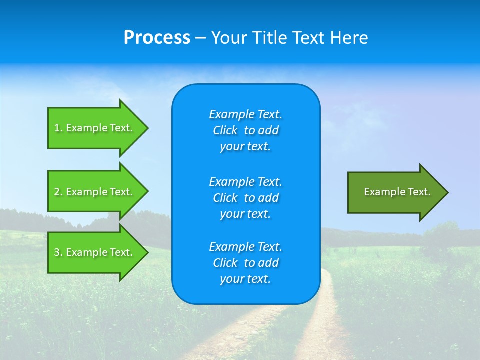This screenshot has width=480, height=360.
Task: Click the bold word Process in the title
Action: tap(157, 38)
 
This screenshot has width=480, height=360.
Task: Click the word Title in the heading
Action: tap(270, 38)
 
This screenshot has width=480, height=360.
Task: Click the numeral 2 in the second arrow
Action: tap(57, 192)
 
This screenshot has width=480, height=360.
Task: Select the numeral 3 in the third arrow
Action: tap(57, 252)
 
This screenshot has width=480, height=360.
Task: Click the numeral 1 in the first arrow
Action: tap(57, 128)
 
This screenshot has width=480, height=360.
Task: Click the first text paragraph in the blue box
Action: tap(245, 130)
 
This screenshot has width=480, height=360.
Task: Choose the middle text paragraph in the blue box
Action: tap(245, 198)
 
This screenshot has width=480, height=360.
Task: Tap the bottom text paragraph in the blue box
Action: tap(245, 263)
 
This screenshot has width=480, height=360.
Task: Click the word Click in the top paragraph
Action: tap(225, 130)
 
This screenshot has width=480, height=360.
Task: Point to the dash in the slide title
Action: tap(201, 38)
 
